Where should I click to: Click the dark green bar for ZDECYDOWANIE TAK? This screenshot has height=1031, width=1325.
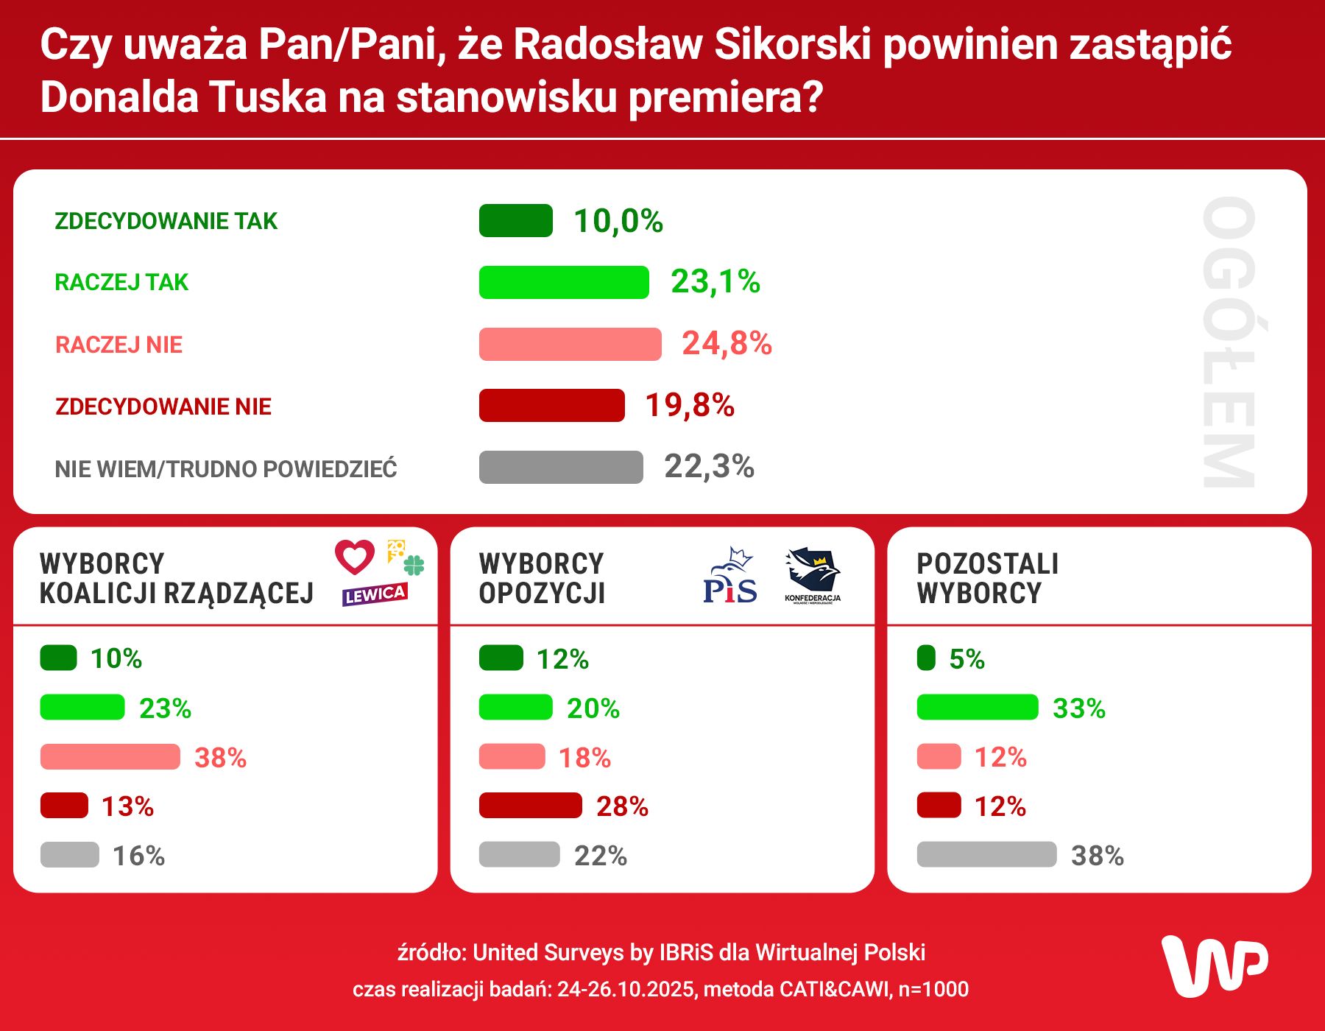point(515,221)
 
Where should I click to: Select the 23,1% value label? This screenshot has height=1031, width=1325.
point(715,282)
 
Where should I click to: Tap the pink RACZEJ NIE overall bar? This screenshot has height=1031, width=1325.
point(570,344)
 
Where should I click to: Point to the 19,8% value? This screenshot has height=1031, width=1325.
point(690,406)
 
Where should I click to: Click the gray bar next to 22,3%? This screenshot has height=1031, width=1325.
point(560,467)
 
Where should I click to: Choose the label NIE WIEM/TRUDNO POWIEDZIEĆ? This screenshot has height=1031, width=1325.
point(225,469)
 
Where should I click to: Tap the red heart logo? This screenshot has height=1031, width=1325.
point(355,557)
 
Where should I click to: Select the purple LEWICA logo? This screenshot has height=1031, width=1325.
point(375,594)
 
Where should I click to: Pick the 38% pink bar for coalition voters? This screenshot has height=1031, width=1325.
point(110,757)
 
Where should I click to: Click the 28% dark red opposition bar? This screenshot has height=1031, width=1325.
point(530,806)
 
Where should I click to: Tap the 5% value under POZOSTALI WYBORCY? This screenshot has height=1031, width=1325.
point(967,659)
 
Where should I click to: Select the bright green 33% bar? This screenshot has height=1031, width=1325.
point(977,708)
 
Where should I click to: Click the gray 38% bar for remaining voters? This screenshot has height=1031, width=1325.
point(986,855)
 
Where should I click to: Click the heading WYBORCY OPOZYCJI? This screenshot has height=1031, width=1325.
point(542,579)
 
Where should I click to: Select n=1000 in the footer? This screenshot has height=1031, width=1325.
point(933,989)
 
